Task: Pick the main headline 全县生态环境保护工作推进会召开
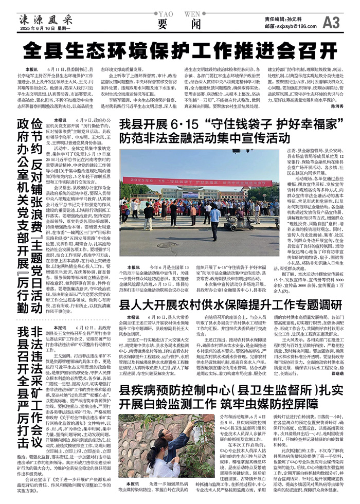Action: coord(180,51)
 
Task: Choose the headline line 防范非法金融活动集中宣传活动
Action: coord(204,137)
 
